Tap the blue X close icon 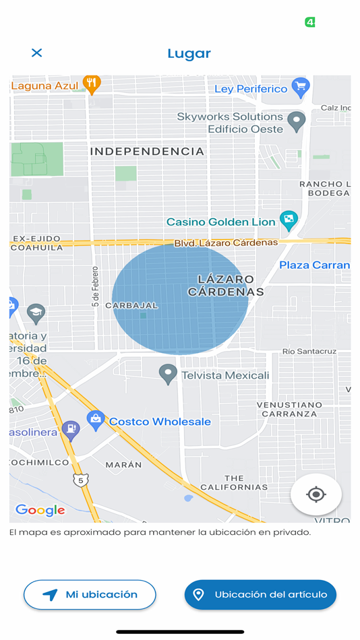37,53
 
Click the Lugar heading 189,53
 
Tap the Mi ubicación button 90,595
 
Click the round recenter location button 316,494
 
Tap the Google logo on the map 40,510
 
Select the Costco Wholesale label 160,422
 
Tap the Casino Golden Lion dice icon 289,220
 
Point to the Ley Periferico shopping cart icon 299,87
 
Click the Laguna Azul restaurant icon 92,84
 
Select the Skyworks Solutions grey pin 296,121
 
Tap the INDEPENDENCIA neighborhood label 147,152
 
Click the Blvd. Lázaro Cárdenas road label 226,243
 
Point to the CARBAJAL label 131,305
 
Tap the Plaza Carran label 314,265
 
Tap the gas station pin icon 70,428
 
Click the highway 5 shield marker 81,480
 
